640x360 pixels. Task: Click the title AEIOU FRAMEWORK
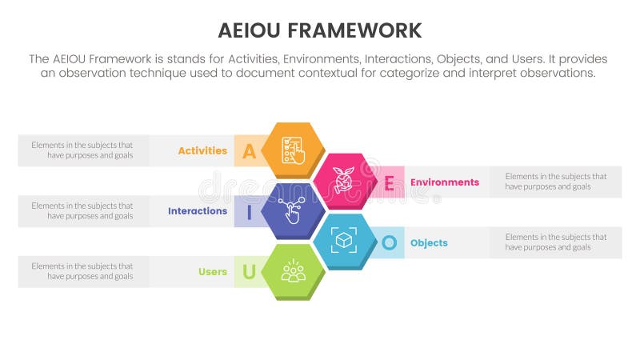click(320, 31)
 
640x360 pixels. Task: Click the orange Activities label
click(202, 150)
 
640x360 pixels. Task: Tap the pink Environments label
click(445, 182)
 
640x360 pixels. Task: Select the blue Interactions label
click(198, 211)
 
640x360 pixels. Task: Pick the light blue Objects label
click(429, 242)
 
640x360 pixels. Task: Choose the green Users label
click(213, 272)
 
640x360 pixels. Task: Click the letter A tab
click(249, 151)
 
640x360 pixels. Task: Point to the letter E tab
click(389, 182)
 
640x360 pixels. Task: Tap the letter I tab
click(249, 212)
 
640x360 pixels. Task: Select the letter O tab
click(390, 242)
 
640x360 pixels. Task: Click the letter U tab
click(249, 273)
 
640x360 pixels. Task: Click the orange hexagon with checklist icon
click(294, 150)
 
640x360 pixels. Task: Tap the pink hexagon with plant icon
click(345, 181)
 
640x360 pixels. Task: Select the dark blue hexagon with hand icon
click(294, 211)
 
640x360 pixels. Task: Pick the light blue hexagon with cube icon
click(345, 242)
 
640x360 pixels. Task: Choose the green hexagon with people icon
click(294, 272)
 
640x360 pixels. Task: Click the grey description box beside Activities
click(83, 150)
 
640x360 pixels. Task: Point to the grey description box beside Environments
click(555, 182)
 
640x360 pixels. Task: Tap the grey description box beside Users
click(83, 272)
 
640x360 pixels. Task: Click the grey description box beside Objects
click(555, 242)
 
